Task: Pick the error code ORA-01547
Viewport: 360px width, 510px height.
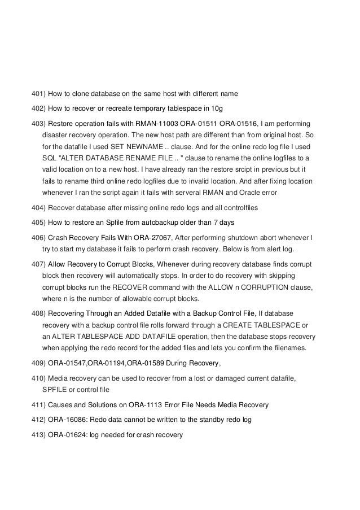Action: coord(68,363)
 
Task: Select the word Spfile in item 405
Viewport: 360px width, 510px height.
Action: coord(125,222)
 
